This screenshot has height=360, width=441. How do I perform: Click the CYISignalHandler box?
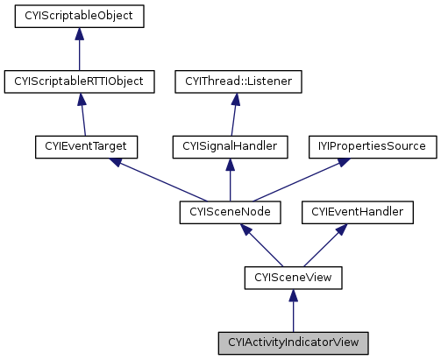click(x=231, y=146)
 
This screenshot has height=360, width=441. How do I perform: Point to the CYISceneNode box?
click(x=230, y=212)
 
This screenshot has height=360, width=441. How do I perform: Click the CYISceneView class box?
click(x=293, y=278)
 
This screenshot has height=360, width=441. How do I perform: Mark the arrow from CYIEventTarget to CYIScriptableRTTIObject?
click(x=83, y=114)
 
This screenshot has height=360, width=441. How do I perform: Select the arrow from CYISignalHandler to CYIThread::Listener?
click(x=235, y=114)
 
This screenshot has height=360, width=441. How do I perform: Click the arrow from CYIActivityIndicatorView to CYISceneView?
click(x=293, y=310)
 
